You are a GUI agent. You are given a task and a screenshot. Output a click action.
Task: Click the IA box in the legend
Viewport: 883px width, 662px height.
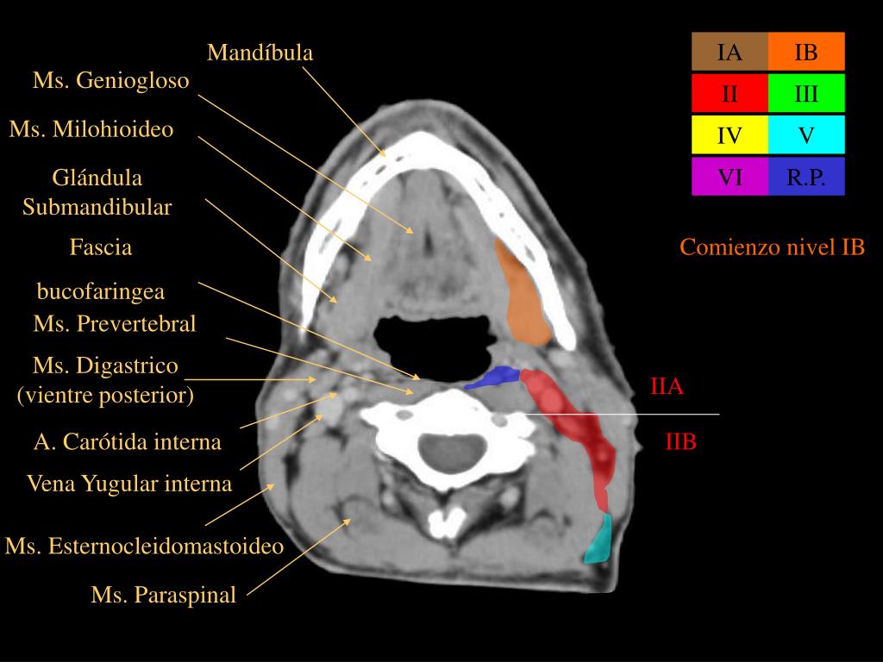pos(730,52)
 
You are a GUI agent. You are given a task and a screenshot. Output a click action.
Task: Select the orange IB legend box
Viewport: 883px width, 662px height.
pos(806,52)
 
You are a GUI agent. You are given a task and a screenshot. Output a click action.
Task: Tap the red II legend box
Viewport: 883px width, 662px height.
pos(730,93)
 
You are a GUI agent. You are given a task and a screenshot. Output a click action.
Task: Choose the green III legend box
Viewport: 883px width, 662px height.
pos(806,93)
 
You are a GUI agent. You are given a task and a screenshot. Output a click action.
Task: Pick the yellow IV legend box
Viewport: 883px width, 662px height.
pos(730,135)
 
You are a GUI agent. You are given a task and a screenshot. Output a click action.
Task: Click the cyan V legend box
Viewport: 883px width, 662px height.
pos(806,135)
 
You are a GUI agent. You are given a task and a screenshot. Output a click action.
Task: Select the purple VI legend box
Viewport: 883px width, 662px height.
pos(730,177)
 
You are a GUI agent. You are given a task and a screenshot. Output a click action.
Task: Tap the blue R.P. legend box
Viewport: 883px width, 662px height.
pos(806,177)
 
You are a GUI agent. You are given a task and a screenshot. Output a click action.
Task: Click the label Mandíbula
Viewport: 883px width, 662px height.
pos(260,53)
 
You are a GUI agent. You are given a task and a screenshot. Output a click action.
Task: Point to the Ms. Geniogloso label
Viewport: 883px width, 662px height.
pos(111,80)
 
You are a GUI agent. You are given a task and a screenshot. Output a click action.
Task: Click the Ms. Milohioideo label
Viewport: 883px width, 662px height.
pos(91,129)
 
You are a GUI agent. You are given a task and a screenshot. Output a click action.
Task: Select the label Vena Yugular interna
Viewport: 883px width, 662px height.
pos(129,484)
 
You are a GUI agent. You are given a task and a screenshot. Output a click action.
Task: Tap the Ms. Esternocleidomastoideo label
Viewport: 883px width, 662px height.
pos(144,546)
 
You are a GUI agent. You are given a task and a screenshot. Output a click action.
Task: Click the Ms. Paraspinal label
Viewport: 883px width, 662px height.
pos(163,595)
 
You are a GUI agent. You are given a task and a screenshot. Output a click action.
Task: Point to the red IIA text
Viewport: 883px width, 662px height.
pos(667,387)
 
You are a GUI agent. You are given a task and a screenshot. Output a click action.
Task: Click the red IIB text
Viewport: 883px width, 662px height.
pos(681,442)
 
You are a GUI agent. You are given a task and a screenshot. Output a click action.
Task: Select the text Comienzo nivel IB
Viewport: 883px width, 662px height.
pos(772,247)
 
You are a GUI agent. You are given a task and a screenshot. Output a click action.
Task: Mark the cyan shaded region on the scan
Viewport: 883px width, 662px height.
pos(599,541)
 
